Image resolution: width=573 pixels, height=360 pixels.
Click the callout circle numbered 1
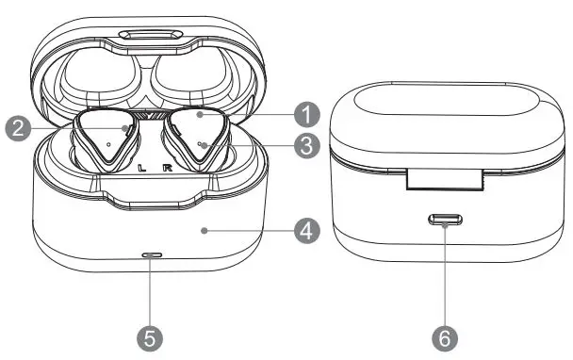303,115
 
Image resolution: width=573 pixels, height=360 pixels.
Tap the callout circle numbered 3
303,146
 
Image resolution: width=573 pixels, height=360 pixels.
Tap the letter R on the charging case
167,170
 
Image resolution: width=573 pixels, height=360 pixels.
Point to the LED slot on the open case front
150,254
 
